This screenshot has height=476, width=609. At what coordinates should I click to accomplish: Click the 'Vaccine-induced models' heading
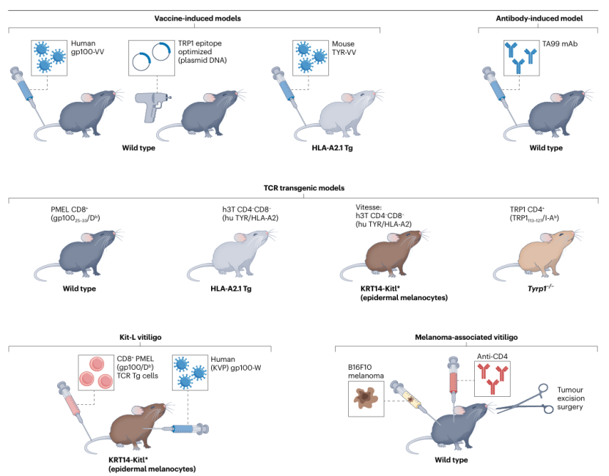click(x=194, y=18)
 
